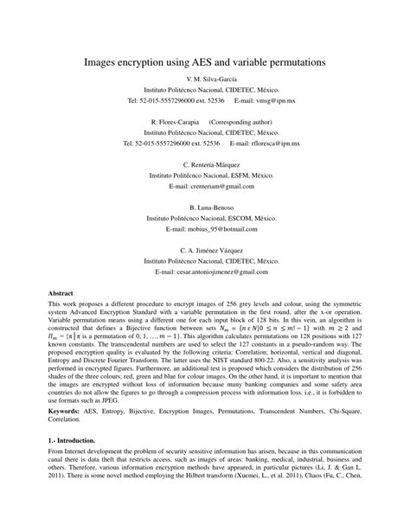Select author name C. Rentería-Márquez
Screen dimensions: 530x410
[204, 163]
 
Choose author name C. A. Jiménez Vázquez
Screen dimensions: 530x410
[204, 249]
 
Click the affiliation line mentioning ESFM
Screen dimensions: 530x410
[204, 174]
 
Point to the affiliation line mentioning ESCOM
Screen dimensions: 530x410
[204, 219]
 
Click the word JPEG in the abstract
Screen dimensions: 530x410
[122, 402]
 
